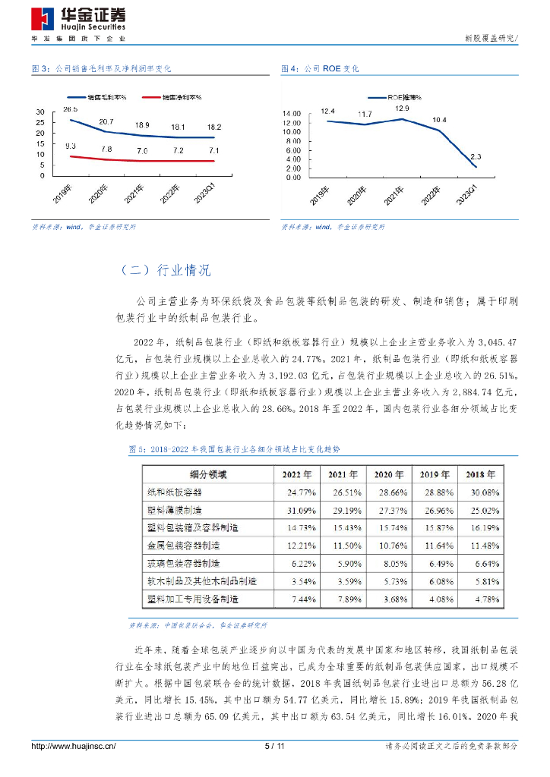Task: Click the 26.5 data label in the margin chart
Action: [x=71, y=110]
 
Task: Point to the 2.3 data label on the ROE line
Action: [x=476, y=156]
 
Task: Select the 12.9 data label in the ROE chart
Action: [x=401, y=109]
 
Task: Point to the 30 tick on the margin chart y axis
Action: [x=40, y=113]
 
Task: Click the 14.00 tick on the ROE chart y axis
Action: [x=293, y=114]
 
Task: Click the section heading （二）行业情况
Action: [x=166, y=270]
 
